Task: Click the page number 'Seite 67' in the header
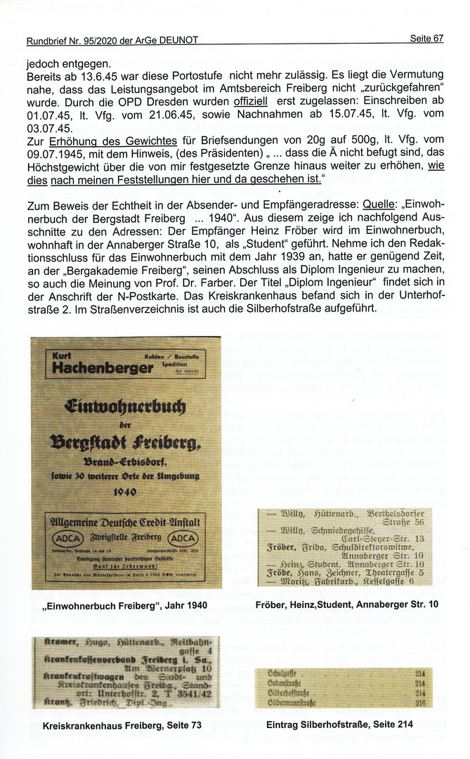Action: pyautogui.click(x=426, y=39)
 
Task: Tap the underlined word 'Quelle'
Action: pyautogui.click(x=379, y=205)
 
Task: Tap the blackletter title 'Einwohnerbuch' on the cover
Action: pyautogui.click(x=125, y=407)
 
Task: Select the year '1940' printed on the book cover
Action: pyautogui.click(x=124, y=491)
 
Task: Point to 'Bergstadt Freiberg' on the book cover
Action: pyautogui.click(x=125, y=442)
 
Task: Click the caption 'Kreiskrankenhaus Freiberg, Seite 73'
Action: pyautogui.click(x=117, y=725)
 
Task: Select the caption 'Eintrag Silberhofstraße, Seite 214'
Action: pyautogui.click(x=340, y=725)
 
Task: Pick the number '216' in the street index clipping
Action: pyautogui.click(x=420, y=701)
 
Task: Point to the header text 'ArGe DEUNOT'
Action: pyautogui.click(x=166, y=41)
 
